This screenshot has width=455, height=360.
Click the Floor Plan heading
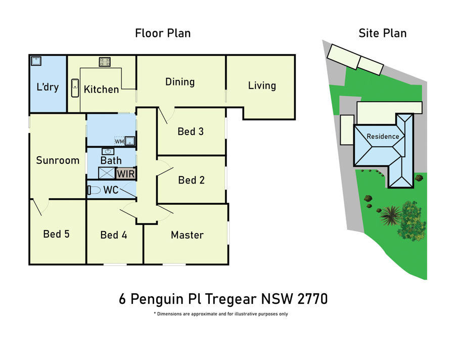[163, 33]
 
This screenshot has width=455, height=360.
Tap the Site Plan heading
[383, 33]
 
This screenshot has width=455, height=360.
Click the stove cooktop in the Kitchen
[105, 62]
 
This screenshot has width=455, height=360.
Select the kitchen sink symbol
[75, 87]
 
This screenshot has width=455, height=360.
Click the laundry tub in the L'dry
[36, 61]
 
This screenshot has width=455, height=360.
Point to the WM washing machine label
[119, 142]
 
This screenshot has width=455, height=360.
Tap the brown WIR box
[126, 173]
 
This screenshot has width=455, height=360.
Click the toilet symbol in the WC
[94, 191]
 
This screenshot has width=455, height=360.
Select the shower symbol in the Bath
[107, 173]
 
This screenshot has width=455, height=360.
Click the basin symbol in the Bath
[108, 151]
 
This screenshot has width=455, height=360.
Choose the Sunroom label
[58, 160]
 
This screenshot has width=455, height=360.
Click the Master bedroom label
[187, 235]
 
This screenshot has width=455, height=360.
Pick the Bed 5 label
[56, 234]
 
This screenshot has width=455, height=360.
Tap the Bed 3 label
[191, 131]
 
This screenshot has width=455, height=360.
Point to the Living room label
[262, 86]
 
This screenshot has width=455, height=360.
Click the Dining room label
[180, 82]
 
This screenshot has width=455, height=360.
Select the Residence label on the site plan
[383, 137]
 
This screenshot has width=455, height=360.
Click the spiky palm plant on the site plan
[391, 215]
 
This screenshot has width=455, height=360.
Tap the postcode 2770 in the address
[312, 299]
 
